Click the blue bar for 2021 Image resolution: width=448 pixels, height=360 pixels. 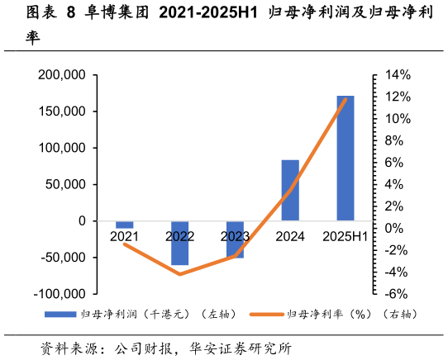tap(125, 225)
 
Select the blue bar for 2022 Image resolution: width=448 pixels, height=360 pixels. tap(179, 243)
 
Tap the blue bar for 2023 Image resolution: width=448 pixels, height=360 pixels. tap(235, 239)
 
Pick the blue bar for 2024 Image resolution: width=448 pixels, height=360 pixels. tap(290, 190)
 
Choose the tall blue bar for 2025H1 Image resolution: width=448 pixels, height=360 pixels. tap(346, 158)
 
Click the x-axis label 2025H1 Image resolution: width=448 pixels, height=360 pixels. tap(346, 237)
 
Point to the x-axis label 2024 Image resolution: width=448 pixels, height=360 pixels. tap(290, 237)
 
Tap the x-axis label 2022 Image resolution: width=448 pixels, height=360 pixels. tap(179, 237)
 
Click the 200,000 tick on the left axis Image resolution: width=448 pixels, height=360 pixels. tap(62, 75)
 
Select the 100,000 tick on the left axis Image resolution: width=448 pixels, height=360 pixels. tap(62, 148)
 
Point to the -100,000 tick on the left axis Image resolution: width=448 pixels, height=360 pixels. tap(60, 293)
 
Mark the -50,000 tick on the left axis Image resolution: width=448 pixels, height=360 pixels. tap(62, 257)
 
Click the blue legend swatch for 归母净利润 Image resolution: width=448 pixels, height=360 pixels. tap(59, 315)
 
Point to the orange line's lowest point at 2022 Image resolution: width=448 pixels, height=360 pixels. tap(179, 273)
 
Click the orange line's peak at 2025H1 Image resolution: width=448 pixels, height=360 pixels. tap(346, 99)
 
